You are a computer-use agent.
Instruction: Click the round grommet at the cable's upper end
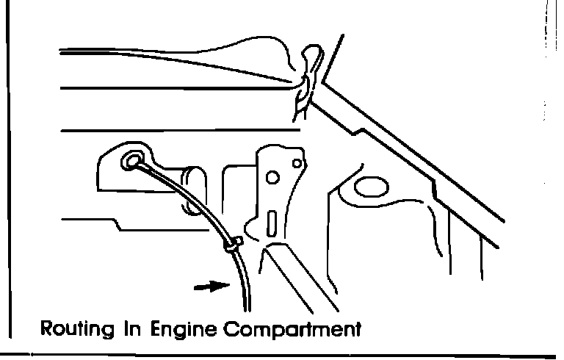[x=134, y=159]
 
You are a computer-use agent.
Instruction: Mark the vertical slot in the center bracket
[x=272, y=221]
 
